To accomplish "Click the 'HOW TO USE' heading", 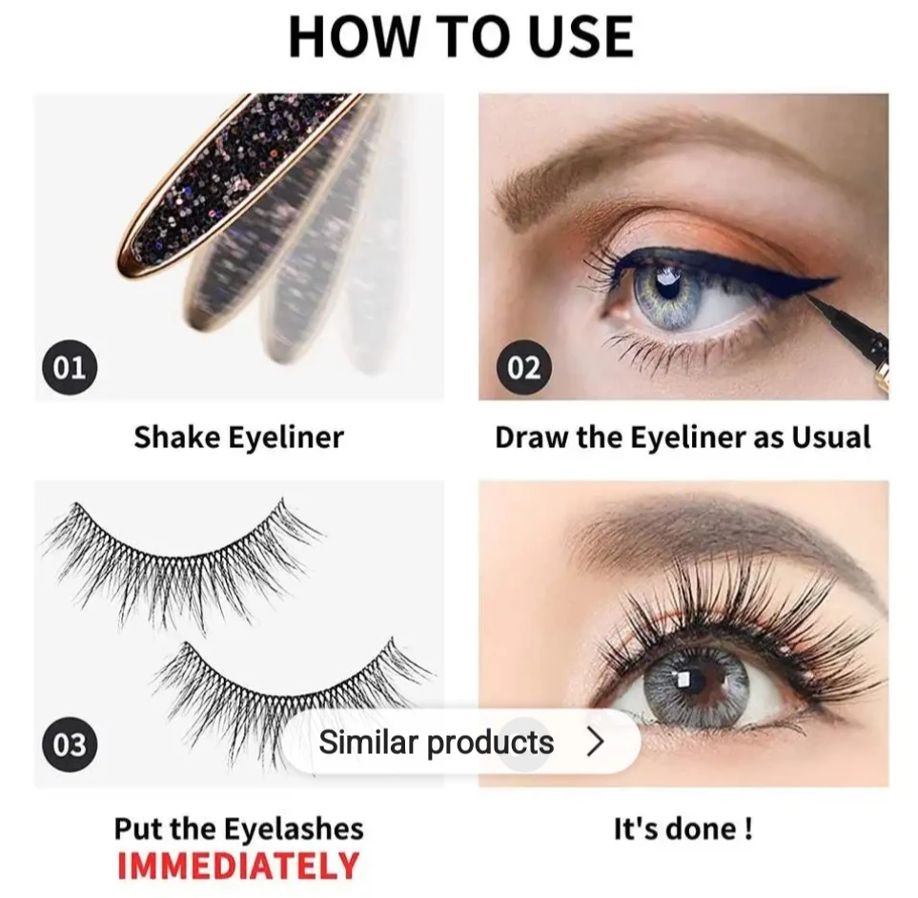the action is (460, 37).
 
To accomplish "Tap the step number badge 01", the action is (70, 367).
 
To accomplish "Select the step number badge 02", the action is (524, 367).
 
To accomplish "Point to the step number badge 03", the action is (70, 744).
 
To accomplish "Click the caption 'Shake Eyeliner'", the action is (238, 438).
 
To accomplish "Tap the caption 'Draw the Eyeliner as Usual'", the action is (683, 438).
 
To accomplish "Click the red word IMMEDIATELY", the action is (238, 866).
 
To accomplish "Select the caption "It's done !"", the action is (683, 828).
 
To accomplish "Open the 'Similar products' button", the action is (461, 743).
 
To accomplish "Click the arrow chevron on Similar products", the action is (596, 742).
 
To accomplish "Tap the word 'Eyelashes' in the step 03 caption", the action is (294, 829).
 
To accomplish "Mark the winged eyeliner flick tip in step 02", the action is (834, 280).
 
